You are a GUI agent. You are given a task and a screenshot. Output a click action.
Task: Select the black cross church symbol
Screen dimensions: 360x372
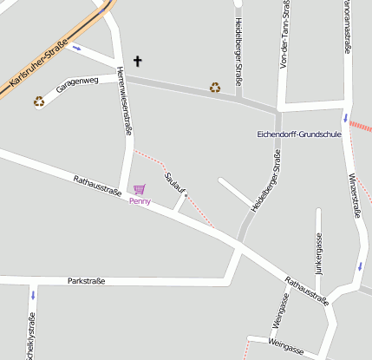[x=137, y=62]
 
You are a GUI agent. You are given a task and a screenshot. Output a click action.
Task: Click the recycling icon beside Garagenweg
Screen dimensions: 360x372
[x=39, y=101]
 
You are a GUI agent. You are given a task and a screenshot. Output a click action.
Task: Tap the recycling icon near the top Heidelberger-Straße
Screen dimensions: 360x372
[x=215, y=87]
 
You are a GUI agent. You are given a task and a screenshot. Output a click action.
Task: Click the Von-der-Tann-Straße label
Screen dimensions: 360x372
[x=284, y=35]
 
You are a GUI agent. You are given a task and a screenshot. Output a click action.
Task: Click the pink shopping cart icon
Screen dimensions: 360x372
[x=139, y=189]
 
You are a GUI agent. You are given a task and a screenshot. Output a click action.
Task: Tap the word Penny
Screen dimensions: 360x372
[x=140, y=201]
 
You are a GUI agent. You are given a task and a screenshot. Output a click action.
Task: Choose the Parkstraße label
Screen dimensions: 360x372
[x=86, y=282]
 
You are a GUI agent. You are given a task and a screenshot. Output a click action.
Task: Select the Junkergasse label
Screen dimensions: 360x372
[x=318, y=252]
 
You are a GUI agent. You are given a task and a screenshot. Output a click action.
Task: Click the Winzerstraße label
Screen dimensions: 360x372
[x=356, y=194]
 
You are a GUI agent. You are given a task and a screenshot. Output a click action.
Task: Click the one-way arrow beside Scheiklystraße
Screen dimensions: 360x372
[x=32, y=295]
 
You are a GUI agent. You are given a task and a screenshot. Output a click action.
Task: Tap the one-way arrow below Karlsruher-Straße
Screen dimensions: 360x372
[x=78, y=48]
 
